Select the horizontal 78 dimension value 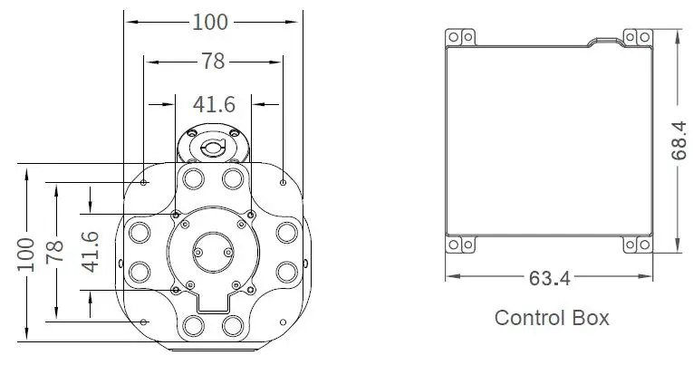coord(213,62)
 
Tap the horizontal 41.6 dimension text coord(211,104)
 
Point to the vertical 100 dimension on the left coord(24,254)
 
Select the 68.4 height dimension coord(678,142)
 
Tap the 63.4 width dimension coord(550,278)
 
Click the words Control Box coord(551,318)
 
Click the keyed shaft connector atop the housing coord(211,143)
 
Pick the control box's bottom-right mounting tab coord(637,245)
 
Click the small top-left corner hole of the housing coord(144,183)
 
